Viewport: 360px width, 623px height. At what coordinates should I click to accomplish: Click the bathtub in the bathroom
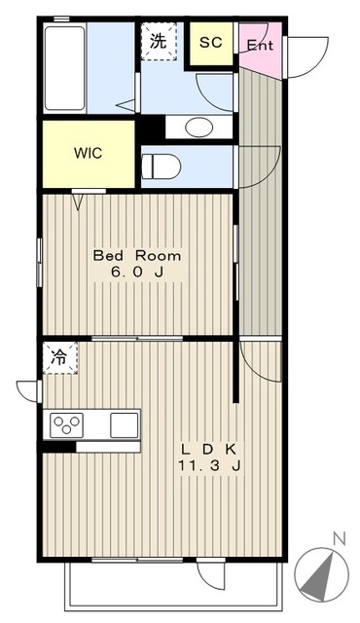64,68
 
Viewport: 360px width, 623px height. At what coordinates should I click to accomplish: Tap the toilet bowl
161,166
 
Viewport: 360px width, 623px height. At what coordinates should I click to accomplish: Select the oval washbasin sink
198,128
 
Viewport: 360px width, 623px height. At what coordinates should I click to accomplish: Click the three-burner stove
67,424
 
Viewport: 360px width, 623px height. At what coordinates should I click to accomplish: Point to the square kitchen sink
125,424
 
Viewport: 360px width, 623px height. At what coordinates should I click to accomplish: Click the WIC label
89,153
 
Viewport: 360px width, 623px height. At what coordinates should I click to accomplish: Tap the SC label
211,43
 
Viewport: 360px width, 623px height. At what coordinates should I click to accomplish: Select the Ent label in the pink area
260,45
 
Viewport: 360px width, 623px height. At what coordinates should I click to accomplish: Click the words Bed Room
137,255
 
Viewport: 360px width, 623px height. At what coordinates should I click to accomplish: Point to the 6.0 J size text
137,273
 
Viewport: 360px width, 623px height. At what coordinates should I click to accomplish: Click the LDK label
209,450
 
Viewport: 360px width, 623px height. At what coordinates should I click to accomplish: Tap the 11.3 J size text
209,465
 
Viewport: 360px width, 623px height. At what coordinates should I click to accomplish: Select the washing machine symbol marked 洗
159,41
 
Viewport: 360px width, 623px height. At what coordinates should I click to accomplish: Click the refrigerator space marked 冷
60,357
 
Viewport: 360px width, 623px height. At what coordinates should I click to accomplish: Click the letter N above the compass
339,539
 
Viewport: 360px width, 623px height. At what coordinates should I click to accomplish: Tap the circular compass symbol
321,574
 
